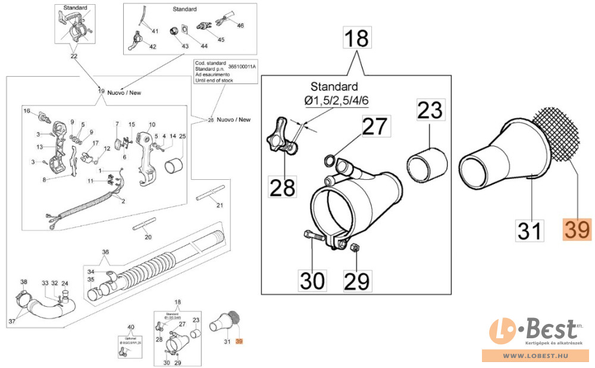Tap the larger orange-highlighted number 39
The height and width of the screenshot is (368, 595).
(577, 229)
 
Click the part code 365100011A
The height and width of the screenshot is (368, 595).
(243, 67)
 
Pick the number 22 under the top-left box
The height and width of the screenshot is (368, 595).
(74, 57)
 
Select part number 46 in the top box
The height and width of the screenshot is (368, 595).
(240, 26)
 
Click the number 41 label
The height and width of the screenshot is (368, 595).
(155, 31)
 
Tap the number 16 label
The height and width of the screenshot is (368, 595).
(26, 111)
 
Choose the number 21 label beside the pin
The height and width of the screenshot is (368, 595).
(219, 206)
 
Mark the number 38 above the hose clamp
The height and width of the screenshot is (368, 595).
(24, 282)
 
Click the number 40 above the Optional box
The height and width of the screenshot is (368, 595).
(131, 327)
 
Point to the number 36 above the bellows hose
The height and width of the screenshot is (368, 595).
(106, 252)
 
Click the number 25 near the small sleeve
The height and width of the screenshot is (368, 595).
(182, 136)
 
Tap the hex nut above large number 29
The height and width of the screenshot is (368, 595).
(352, 247)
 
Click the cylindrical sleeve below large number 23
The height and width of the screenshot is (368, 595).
(427, 163)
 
